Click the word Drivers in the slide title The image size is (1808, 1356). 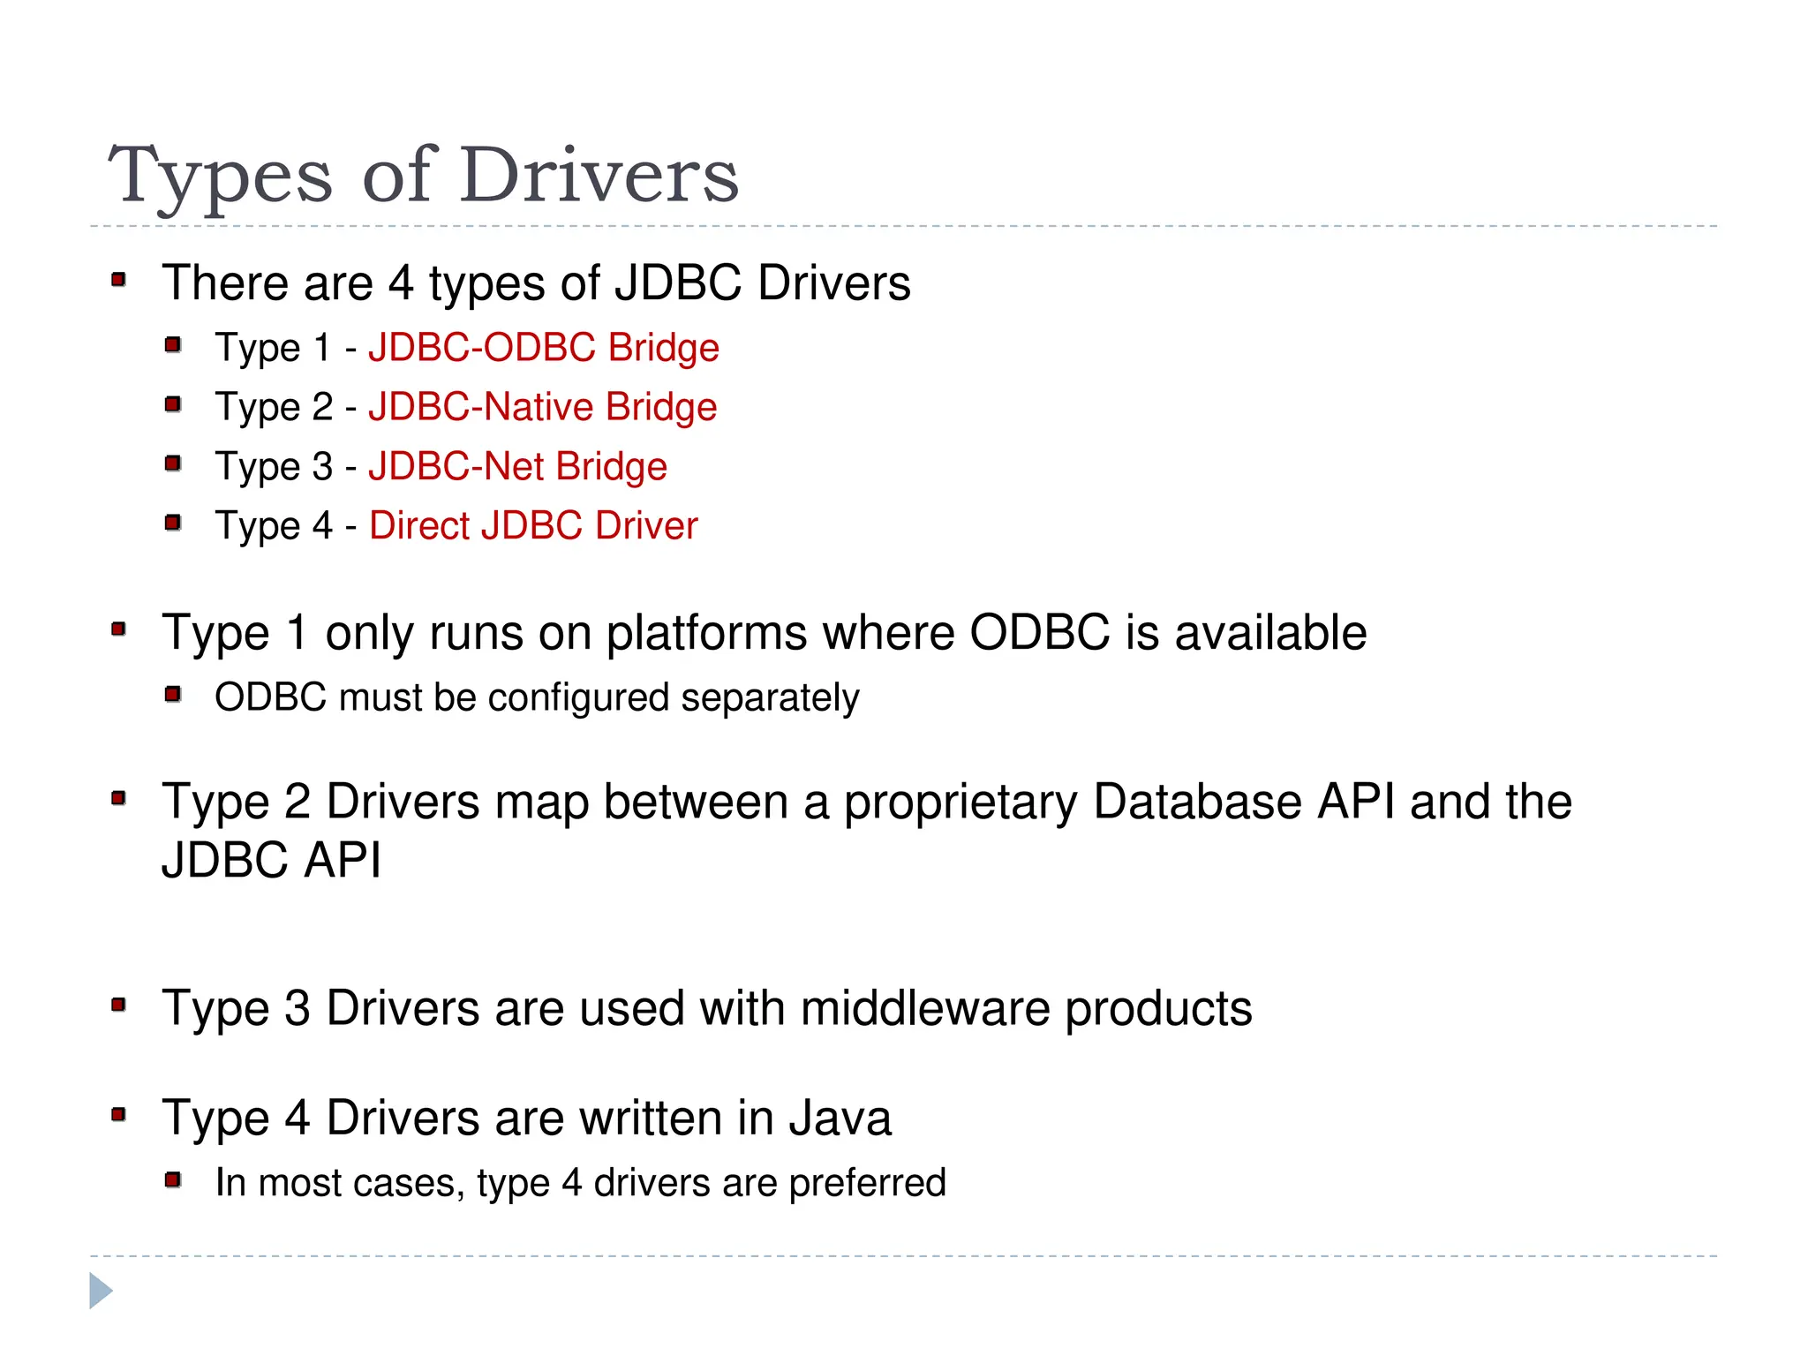point(599,175)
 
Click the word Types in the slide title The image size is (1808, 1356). point(221,177)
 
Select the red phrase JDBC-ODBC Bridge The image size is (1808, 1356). point(544,348)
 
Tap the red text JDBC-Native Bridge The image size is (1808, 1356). point(543,407)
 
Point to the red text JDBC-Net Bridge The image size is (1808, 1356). point(517,466)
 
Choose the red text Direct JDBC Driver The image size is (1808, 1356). point(533,525)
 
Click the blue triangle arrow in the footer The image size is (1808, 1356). point(101,1291)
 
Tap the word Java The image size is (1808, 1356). point(840,1119)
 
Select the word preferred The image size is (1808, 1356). point(867,1183)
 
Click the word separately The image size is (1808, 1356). point(770,698)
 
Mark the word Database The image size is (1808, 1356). point(1197,802)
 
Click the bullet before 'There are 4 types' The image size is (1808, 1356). point(119,281)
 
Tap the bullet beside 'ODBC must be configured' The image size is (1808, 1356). point(173,695)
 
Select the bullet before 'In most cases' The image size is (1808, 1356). point(173,1179)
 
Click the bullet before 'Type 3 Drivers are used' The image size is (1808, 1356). point(119,1005)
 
